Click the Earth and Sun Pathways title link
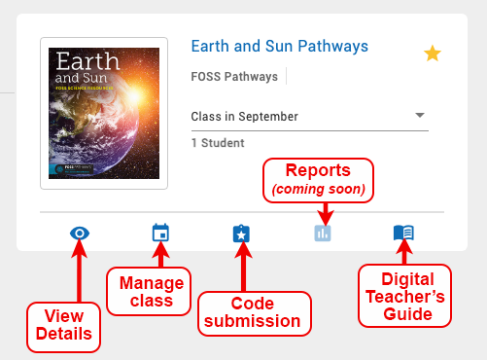(279, 46)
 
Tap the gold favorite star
(433, 54)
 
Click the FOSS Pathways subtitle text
(234, 77)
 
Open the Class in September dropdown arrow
(420, 115)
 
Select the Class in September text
(244, 117)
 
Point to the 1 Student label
(219, 142)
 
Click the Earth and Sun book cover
(105, 113)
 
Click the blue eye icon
(81, 234)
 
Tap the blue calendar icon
(160, 234)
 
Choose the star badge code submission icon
(242, 234)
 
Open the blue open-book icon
(403, 234)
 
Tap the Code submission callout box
(250, 310)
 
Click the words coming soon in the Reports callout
(318, 189)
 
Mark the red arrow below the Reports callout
(325, 208)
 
